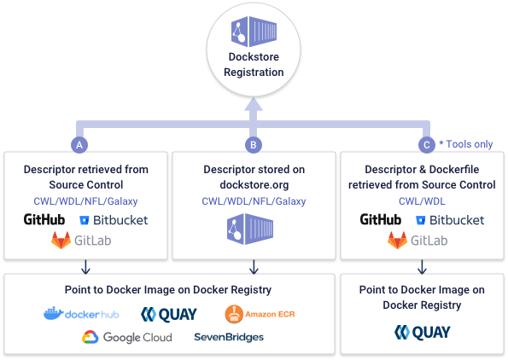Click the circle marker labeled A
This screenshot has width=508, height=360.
80,144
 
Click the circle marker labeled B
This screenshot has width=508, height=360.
253,144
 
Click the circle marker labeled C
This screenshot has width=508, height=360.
426,144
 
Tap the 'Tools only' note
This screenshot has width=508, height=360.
465,144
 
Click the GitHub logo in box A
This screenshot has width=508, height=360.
44,220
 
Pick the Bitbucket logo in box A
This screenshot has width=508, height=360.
113,220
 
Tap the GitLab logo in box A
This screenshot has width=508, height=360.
81,241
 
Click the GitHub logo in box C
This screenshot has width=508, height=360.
381,220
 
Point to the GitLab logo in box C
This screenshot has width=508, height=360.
417,241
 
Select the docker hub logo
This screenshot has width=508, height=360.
80,315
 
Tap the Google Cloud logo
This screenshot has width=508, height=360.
126,337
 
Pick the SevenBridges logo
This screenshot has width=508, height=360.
228,337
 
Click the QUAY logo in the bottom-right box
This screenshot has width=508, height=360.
422,333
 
